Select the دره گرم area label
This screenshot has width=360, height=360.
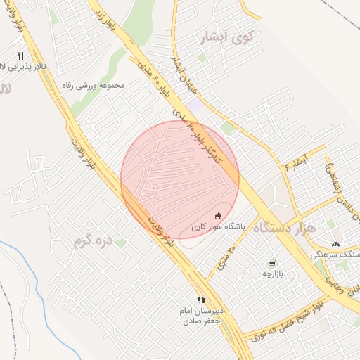[x=93, y=243]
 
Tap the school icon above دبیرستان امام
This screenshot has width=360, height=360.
[x=201, y=300]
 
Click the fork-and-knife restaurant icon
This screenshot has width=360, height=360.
[x=20, y=56]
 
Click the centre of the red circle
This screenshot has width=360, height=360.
[x=180, y=180]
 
